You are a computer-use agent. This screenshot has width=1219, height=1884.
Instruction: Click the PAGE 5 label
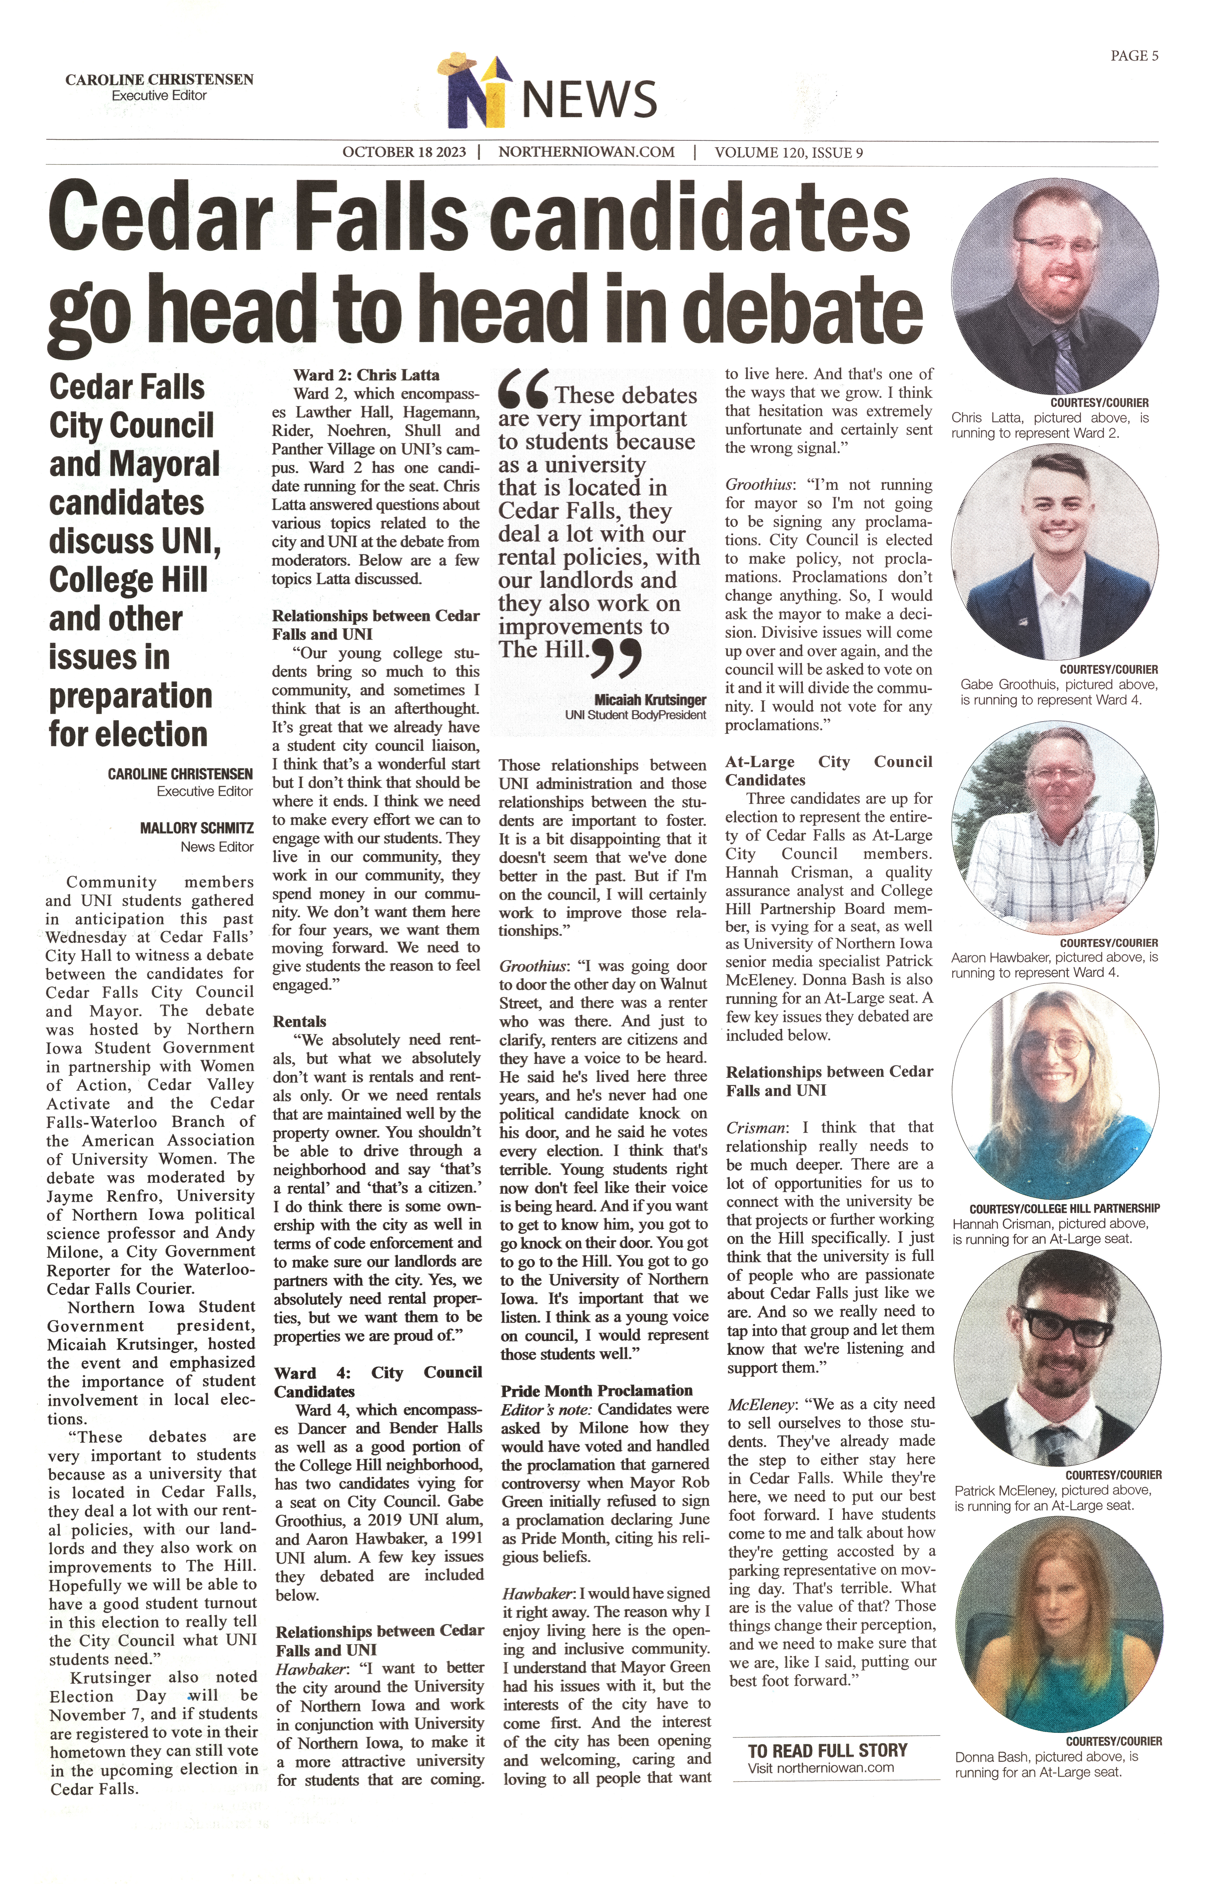[1134, 55]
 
